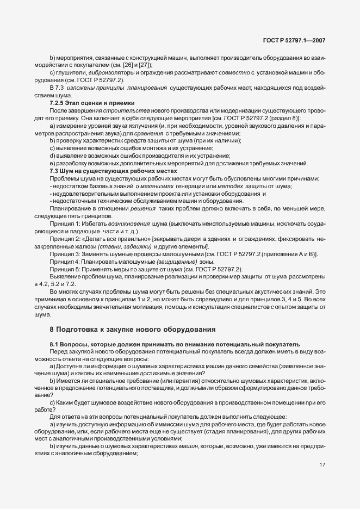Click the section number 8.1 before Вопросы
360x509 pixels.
56,344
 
